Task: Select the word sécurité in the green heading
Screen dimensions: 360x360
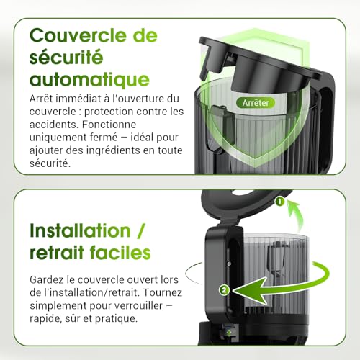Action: coord(64,57)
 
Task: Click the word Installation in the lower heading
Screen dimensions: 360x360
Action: coord(79,231)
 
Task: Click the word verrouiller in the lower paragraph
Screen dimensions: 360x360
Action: coord(127,305)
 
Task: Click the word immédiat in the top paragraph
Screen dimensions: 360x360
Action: coord(82,98)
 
